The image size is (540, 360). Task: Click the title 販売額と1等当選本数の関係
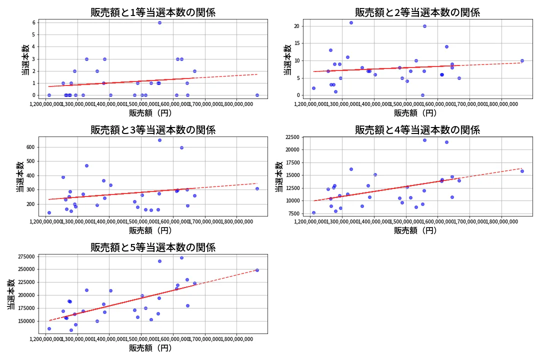152,12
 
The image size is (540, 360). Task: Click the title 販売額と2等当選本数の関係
417,12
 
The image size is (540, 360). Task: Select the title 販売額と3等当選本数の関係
152,130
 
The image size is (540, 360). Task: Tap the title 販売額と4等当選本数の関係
417,130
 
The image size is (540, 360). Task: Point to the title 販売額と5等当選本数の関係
152,247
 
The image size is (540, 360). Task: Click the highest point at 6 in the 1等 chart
159,22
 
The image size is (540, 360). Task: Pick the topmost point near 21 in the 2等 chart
351,22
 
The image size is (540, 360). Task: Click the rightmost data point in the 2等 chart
522,60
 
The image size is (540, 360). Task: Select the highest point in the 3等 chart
159,140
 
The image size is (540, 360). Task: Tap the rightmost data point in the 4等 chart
522,171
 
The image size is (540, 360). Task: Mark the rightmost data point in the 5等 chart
257,270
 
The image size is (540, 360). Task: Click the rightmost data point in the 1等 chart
257,95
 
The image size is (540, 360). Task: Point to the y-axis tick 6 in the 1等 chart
33,22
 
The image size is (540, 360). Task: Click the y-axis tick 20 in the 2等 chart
297,26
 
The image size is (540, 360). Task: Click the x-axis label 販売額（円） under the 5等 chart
150,348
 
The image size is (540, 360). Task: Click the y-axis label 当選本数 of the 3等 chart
19,176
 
